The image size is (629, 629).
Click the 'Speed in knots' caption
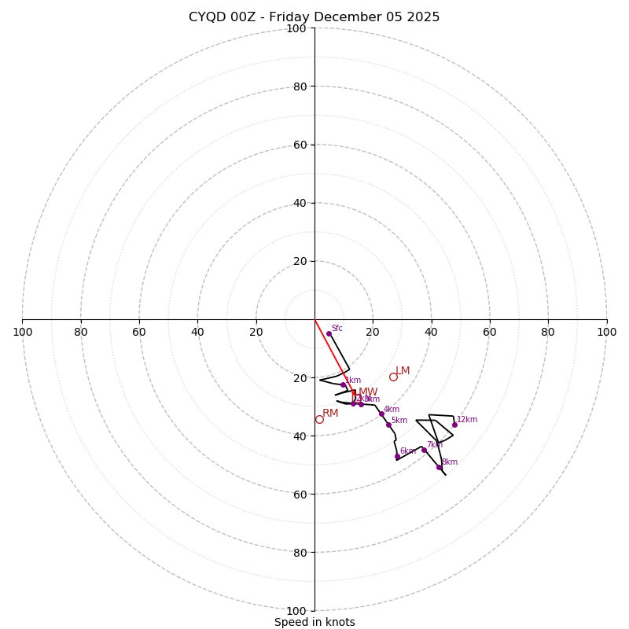314,622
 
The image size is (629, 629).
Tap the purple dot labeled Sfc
329,334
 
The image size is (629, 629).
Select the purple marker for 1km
343,385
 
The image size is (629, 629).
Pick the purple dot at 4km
381,414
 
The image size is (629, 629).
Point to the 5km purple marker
388,425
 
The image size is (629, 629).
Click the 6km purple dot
397,456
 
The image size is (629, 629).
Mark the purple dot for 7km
424,450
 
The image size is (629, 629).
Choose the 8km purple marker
439,467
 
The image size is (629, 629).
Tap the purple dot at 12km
454,425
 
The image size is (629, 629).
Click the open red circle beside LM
393,377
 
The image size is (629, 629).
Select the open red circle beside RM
319,419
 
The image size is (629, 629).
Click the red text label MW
368,392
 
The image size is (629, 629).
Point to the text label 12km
467,419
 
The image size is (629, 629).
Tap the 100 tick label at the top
296,28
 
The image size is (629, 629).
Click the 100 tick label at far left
22,332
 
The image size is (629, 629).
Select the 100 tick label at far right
606,332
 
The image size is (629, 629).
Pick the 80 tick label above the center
299,86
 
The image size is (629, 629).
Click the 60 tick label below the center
299,494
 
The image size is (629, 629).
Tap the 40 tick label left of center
197,332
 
